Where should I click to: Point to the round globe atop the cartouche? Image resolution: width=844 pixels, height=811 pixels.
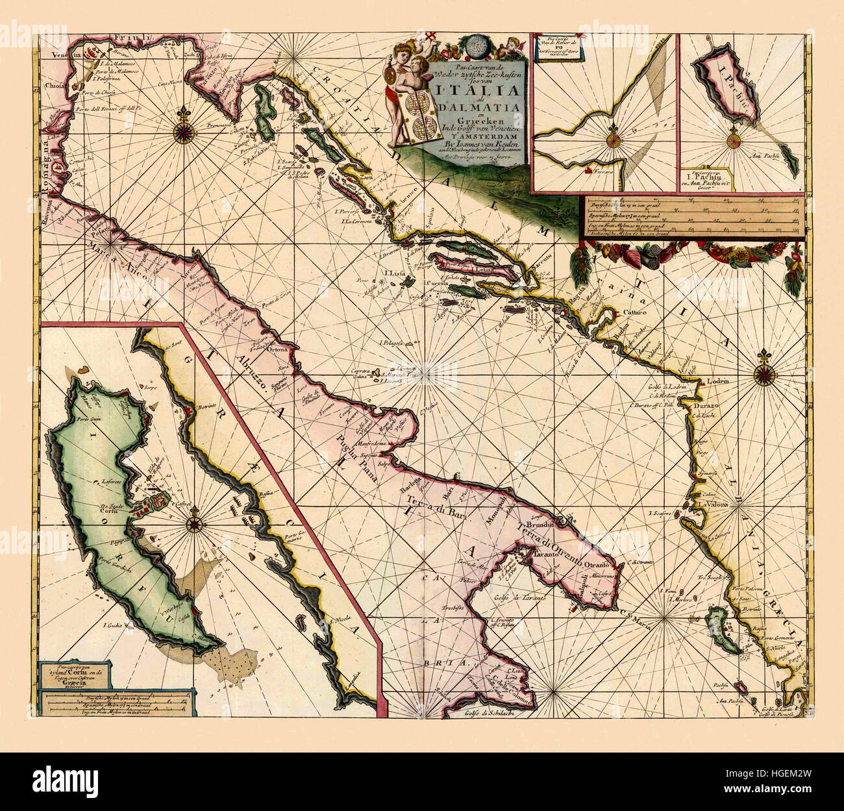[478, 47]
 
